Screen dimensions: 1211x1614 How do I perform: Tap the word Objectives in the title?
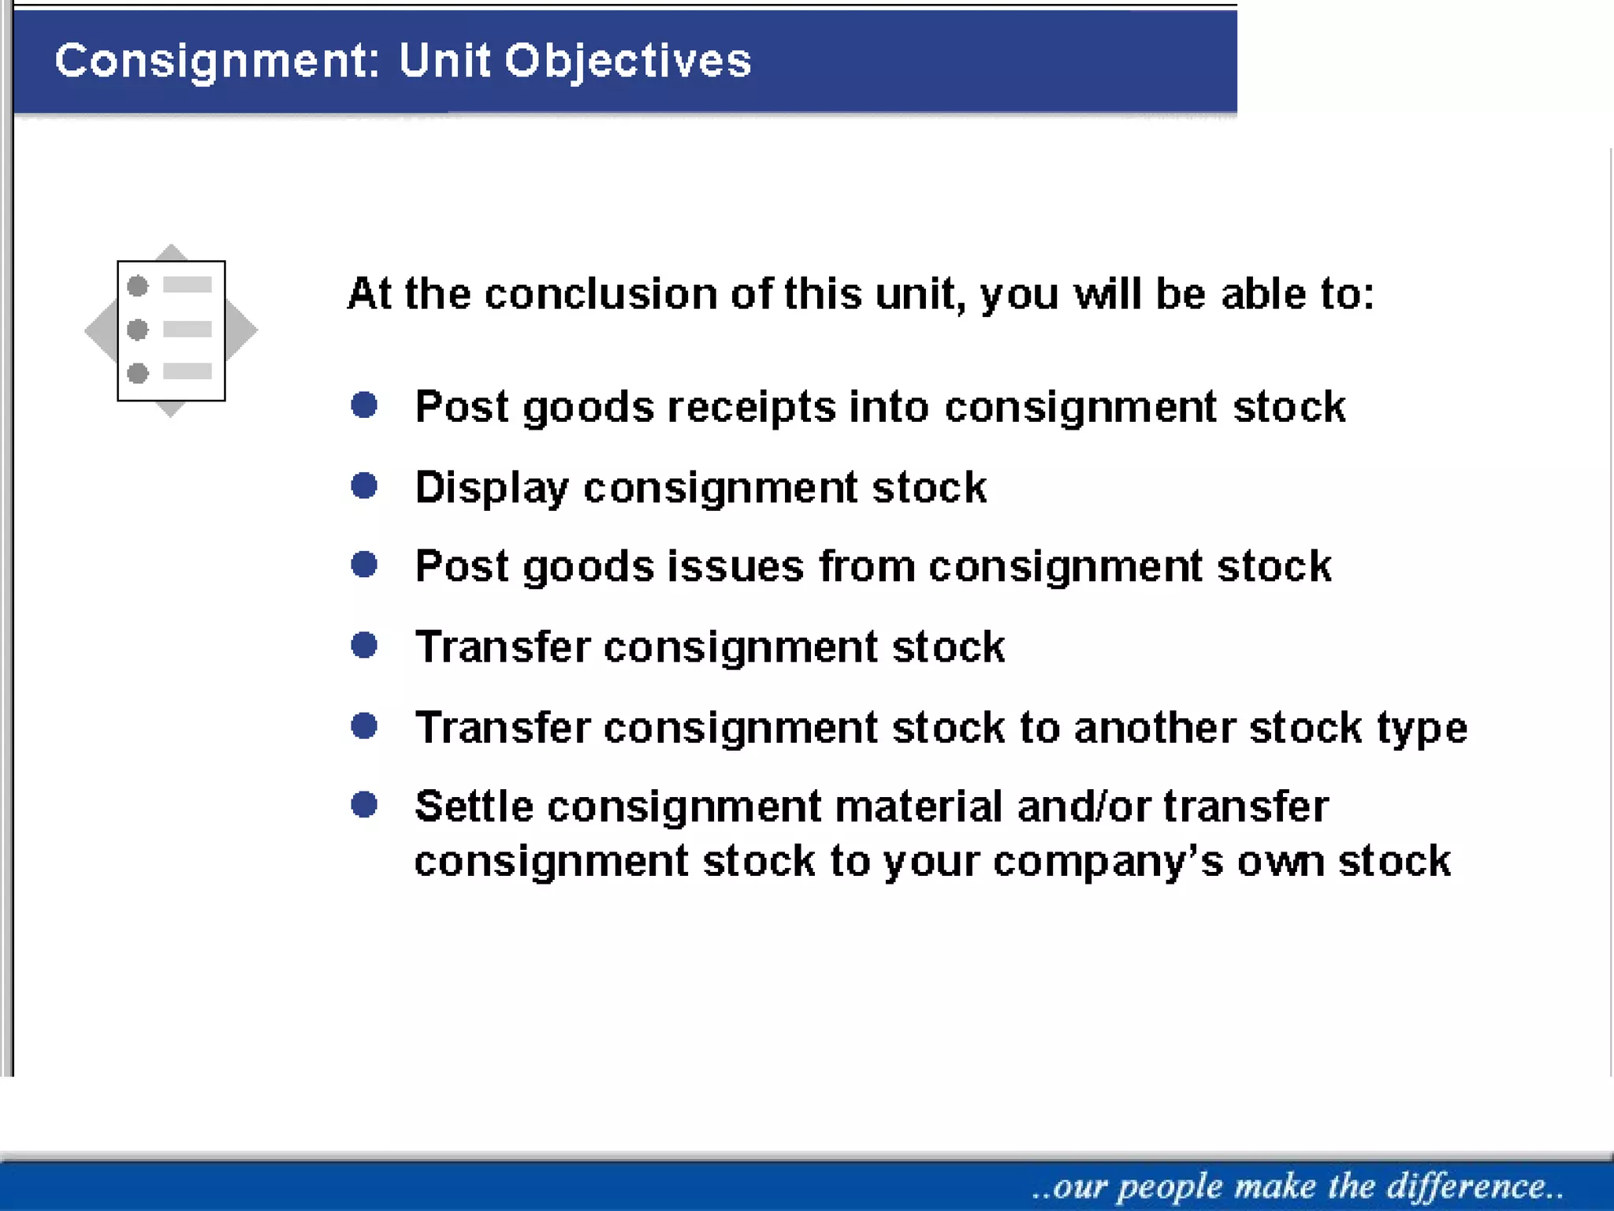point(628,61)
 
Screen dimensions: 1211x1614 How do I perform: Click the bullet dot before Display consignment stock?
point(364,486)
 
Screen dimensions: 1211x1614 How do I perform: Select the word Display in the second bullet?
point(491,488)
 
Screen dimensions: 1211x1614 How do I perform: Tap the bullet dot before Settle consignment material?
point(364,805)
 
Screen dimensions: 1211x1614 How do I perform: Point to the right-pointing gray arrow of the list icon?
point(243,330)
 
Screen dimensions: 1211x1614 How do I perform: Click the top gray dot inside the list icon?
point(138,285)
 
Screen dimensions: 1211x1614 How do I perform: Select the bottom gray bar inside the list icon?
point(188,371)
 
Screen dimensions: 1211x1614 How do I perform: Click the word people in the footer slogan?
point(1170,1187)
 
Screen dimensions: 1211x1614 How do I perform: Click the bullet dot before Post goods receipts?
point(364,405)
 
